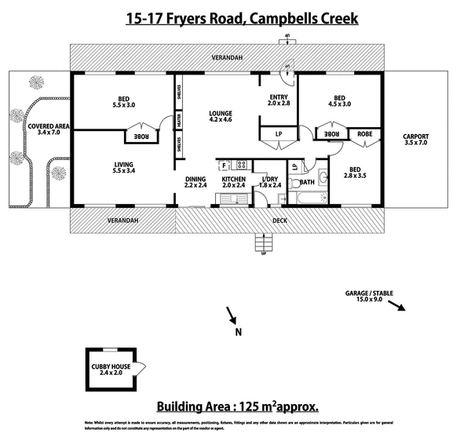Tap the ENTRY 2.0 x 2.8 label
tap(279, 100)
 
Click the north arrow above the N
tap(232, 315)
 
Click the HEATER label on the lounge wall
tap(179, 122)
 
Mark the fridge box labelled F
tap(224, 165)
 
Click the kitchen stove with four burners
tap(241, 165)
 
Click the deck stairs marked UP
tap(263, 245)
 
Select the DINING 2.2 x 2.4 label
tap(196, 184)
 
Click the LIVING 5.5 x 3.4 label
tap(124, 167)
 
